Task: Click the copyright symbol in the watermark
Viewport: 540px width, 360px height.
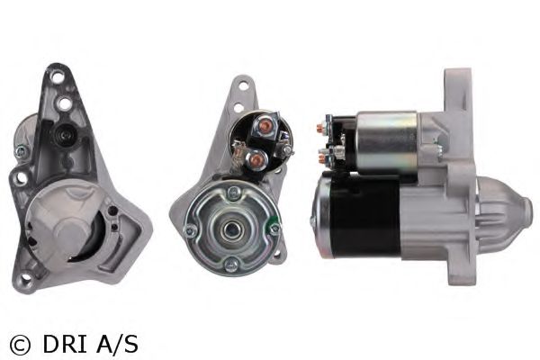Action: [x=20, y=344]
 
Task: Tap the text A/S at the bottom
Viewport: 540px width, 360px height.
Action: [x=117, y=344]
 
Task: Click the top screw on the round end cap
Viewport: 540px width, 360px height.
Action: [x=234, y=193]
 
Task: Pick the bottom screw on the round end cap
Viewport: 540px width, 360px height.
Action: [x=230, y=265]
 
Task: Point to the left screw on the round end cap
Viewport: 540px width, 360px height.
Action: [x=190, y=230]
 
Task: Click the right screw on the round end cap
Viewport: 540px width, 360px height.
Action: [x=274, y=229]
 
